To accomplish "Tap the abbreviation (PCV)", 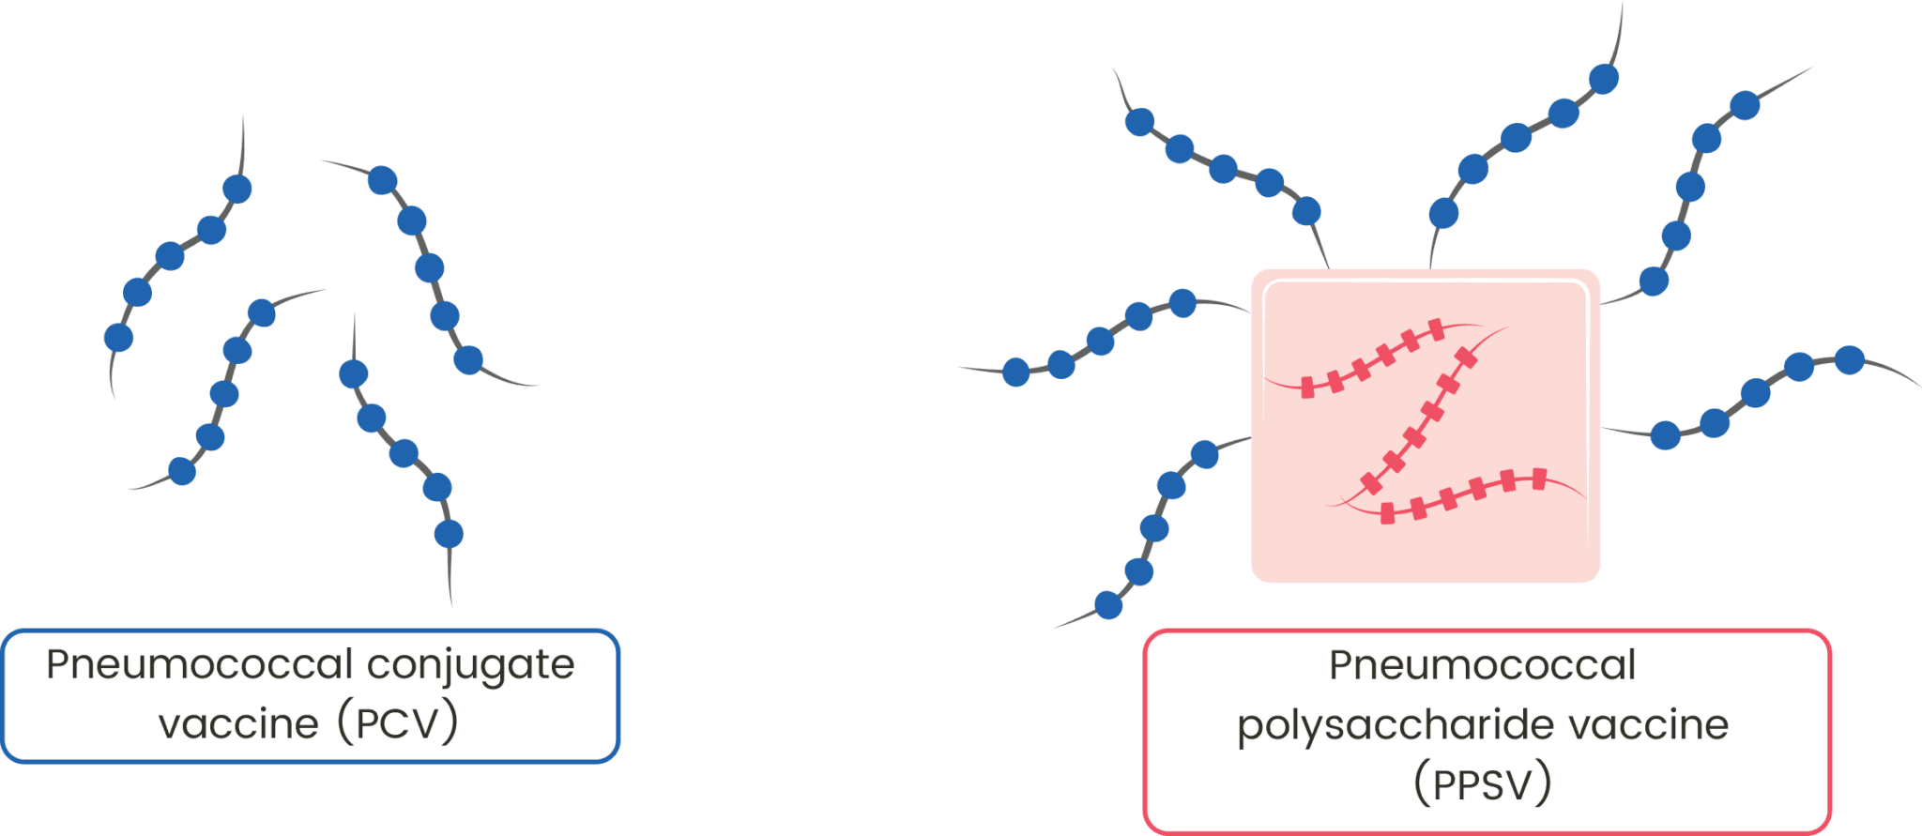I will (x=398, y=723).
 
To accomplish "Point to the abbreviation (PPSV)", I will (x=1482, y=784).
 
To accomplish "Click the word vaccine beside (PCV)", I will (x=239, y=724).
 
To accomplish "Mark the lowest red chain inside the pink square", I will (x=1464, y=494).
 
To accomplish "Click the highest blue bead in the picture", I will (x=1604, y=79).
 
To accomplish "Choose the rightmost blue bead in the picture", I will (x=1850, y=360).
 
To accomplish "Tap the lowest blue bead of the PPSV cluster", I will (x=1108, y=605).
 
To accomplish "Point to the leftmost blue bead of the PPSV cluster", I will (x=1015, y=372).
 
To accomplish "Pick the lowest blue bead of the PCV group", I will (x=449, y=534).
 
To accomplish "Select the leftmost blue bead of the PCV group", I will (x=118, y=337).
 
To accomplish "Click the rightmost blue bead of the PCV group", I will (x=468, y=359).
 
